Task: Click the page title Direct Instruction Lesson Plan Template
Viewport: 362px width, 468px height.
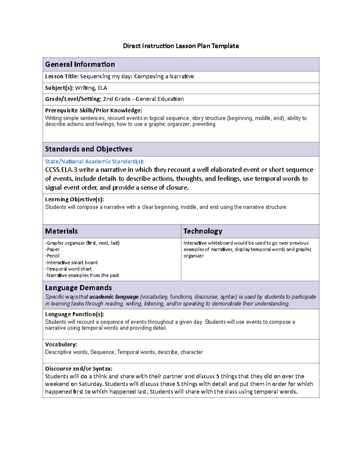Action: coord(181,46)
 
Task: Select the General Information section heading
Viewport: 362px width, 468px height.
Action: coord(80,64)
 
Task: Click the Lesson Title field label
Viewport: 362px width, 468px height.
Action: coord(62,77)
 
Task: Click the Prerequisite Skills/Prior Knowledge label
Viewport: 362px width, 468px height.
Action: coord(93,110)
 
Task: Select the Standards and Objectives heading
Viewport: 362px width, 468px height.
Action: coord(88,149)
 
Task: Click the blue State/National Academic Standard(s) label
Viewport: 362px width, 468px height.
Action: coord(94,162)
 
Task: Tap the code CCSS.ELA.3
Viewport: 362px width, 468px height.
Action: coord(61,170)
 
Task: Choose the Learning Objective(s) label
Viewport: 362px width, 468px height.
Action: coord(74,199)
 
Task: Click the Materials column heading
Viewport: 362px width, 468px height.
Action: coord(61,231)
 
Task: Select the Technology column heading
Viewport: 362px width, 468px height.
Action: coord(203,231)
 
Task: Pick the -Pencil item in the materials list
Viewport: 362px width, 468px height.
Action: coord(52,256)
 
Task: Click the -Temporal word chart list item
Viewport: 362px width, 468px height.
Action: coord(68,269)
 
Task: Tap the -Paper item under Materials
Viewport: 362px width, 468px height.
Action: coord(52,250)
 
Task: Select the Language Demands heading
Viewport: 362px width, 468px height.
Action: coord(78,287)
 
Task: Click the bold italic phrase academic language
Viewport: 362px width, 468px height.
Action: coord(114,297)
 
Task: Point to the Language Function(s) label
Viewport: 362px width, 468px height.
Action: coord(74,314)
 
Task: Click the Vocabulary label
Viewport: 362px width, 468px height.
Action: coord(61,344)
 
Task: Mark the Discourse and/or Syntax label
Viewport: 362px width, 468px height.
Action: coord(78,369)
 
